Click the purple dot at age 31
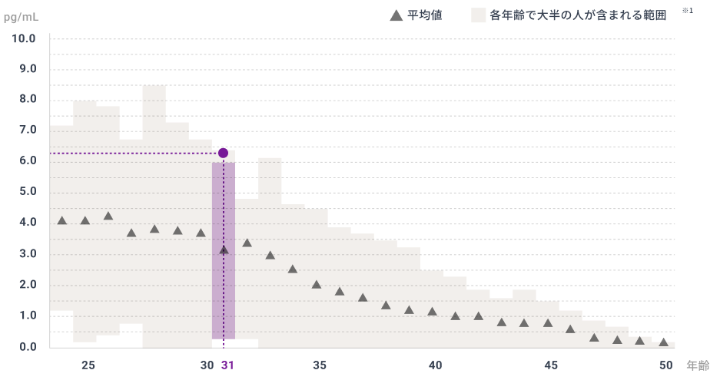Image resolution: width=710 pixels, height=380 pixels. (x=223, y=153)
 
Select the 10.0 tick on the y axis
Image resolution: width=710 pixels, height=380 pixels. (x=23, y=38)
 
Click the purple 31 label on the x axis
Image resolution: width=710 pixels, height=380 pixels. (x=227, y=365)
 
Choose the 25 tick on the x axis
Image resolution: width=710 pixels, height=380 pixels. (x=88, y=365)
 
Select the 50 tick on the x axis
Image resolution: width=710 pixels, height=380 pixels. (x=665, y=365)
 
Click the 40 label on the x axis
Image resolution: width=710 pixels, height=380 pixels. (x=435, y=365)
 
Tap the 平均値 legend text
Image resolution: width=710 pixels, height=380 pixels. (x=424, y=15)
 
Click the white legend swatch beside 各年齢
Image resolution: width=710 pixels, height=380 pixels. (x=478, y=15)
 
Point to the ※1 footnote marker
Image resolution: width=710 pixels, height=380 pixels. (x=687, y=11)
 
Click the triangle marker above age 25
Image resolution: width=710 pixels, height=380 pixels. (x=85, y=220)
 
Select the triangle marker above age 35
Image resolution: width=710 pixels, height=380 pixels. (x=316, y=284)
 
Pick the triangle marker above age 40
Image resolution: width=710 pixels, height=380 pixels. (x=432, y=311)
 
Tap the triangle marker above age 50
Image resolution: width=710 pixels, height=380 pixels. (x=663, y=342)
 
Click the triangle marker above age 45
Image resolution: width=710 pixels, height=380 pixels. (x=548, y=322)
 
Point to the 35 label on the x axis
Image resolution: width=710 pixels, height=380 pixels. (x=319, y=365)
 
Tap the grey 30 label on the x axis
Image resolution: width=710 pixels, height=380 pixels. (x=207, y=365)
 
